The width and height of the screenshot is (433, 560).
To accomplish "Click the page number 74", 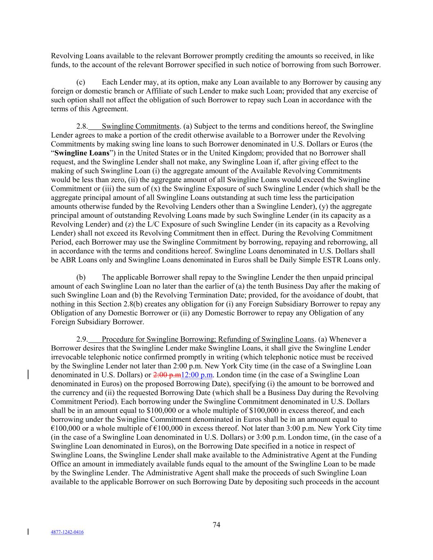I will click(217, 525).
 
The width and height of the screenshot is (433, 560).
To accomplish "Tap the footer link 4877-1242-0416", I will click(67, 532).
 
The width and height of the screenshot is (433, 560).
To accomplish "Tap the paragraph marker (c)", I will click(81, 82).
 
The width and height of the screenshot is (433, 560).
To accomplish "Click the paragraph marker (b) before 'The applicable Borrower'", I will click(81, 277).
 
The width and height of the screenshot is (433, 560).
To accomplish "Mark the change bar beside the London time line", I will click(28, 375).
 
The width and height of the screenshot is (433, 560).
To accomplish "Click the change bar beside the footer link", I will click(28, 532).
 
